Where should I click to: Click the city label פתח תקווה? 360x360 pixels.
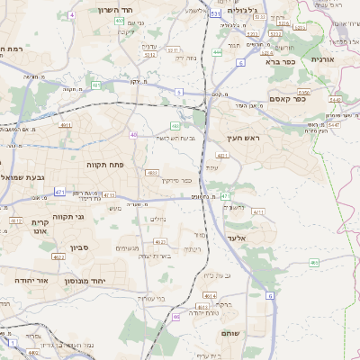click(103, 166)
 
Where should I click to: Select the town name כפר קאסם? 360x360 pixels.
click(288, 99)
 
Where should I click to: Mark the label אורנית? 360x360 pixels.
click(321, 58)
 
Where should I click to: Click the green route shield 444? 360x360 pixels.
click(217, 52)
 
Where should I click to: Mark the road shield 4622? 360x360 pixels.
click(58, 257)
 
